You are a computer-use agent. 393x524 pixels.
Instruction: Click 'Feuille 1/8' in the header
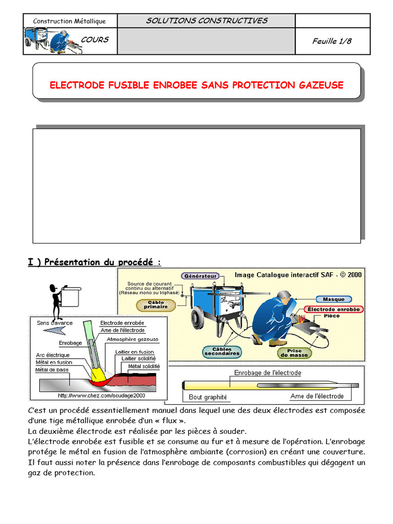click(x=332, y=41)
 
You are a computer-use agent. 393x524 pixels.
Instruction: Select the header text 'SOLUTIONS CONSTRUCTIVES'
click(x=207, y=20)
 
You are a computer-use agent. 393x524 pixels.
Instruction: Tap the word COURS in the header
click(x=95, y=39)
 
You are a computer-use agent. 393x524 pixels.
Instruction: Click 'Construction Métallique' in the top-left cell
click(x=69, y=21)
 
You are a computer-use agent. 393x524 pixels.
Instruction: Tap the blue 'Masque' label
click(x=334, y=299)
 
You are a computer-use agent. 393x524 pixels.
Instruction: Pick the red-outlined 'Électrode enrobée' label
click(x=334, y=309)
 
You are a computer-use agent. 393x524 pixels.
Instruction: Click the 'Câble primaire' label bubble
click(x=156, y=305)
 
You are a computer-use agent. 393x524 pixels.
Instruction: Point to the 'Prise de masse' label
click(x=295, y=353)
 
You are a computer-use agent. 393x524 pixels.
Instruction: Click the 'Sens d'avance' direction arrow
click(x=55, y=331)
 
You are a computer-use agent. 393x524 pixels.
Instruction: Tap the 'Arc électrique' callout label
click(x=53, y=355)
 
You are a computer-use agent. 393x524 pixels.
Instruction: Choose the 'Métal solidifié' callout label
click(x=144, y=366)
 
